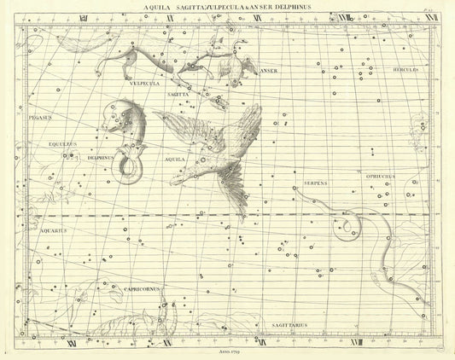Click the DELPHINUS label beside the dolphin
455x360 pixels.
click(102, 158)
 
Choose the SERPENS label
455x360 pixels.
click(316, 183)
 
